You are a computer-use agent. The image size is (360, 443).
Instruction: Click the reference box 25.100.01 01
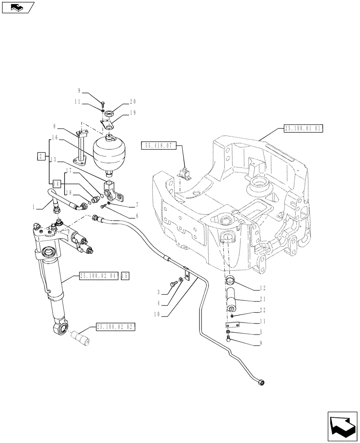click(302, 129)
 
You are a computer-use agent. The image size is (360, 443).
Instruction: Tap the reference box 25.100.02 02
click(114, 327)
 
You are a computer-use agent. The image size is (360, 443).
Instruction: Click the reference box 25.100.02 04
click(98, 276)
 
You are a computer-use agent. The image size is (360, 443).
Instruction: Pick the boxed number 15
click(125, 276)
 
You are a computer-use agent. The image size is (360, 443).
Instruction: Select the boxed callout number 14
click(56, 183)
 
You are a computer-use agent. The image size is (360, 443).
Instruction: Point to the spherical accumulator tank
click(108, 152)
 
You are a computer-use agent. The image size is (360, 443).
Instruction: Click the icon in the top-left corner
click(18, 7)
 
